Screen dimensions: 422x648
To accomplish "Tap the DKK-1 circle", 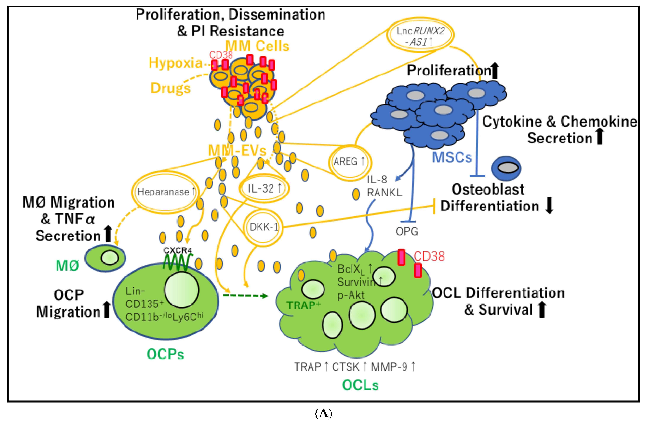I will point(263,227).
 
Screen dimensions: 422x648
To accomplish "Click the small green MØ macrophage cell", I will point(106,258).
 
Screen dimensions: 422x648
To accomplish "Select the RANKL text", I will point(384,193).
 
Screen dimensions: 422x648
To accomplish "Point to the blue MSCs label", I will point(452,157).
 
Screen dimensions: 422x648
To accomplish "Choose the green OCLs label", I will point(360,385).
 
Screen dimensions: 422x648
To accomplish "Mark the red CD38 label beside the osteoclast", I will point(429,256).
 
